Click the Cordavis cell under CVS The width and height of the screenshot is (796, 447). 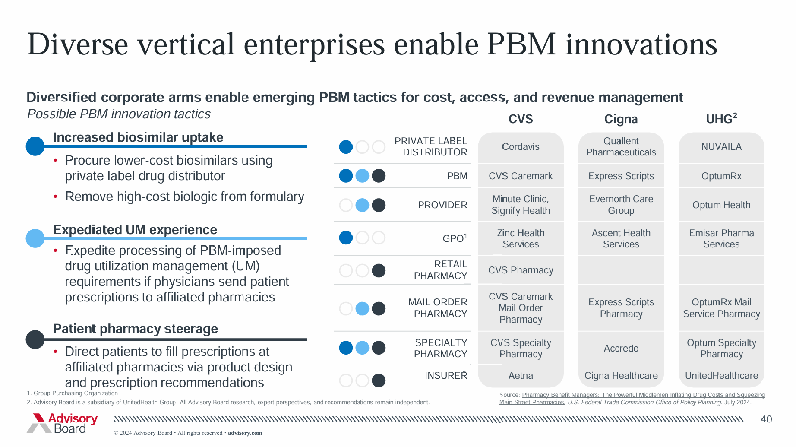click(520, 147)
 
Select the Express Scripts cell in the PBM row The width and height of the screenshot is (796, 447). click(621, 176)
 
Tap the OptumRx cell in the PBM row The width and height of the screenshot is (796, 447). click(721, 176)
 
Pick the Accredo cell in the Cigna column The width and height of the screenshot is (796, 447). click(621, 349)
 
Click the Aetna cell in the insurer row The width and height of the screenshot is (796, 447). click(520, 376)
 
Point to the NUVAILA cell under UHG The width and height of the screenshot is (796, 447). click(721, 147)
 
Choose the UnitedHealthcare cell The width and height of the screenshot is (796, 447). click(721, 376)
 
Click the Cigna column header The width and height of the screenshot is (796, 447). click(621, 119)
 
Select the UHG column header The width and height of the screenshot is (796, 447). click(721, 119)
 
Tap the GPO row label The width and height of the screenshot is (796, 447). click(454, 238)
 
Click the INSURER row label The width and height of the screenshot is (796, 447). click(445, 376)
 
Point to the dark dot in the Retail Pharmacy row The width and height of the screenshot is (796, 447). click(379, 271)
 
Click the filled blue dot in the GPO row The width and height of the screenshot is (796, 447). click(346, 238)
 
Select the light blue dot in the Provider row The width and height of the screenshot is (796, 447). click(362, 205)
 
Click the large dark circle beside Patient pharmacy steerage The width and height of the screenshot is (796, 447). click(35, 339)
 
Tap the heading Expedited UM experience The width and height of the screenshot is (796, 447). click(135, 230)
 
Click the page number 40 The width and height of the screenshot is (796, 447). click(766, 419)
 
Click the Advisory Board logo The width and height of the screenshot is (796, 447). click(63, 423)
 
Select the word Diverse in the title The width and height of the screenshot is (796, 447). click(78, 44)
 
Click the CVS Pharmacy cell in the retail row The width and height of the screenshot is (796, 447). click(520, 270)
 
